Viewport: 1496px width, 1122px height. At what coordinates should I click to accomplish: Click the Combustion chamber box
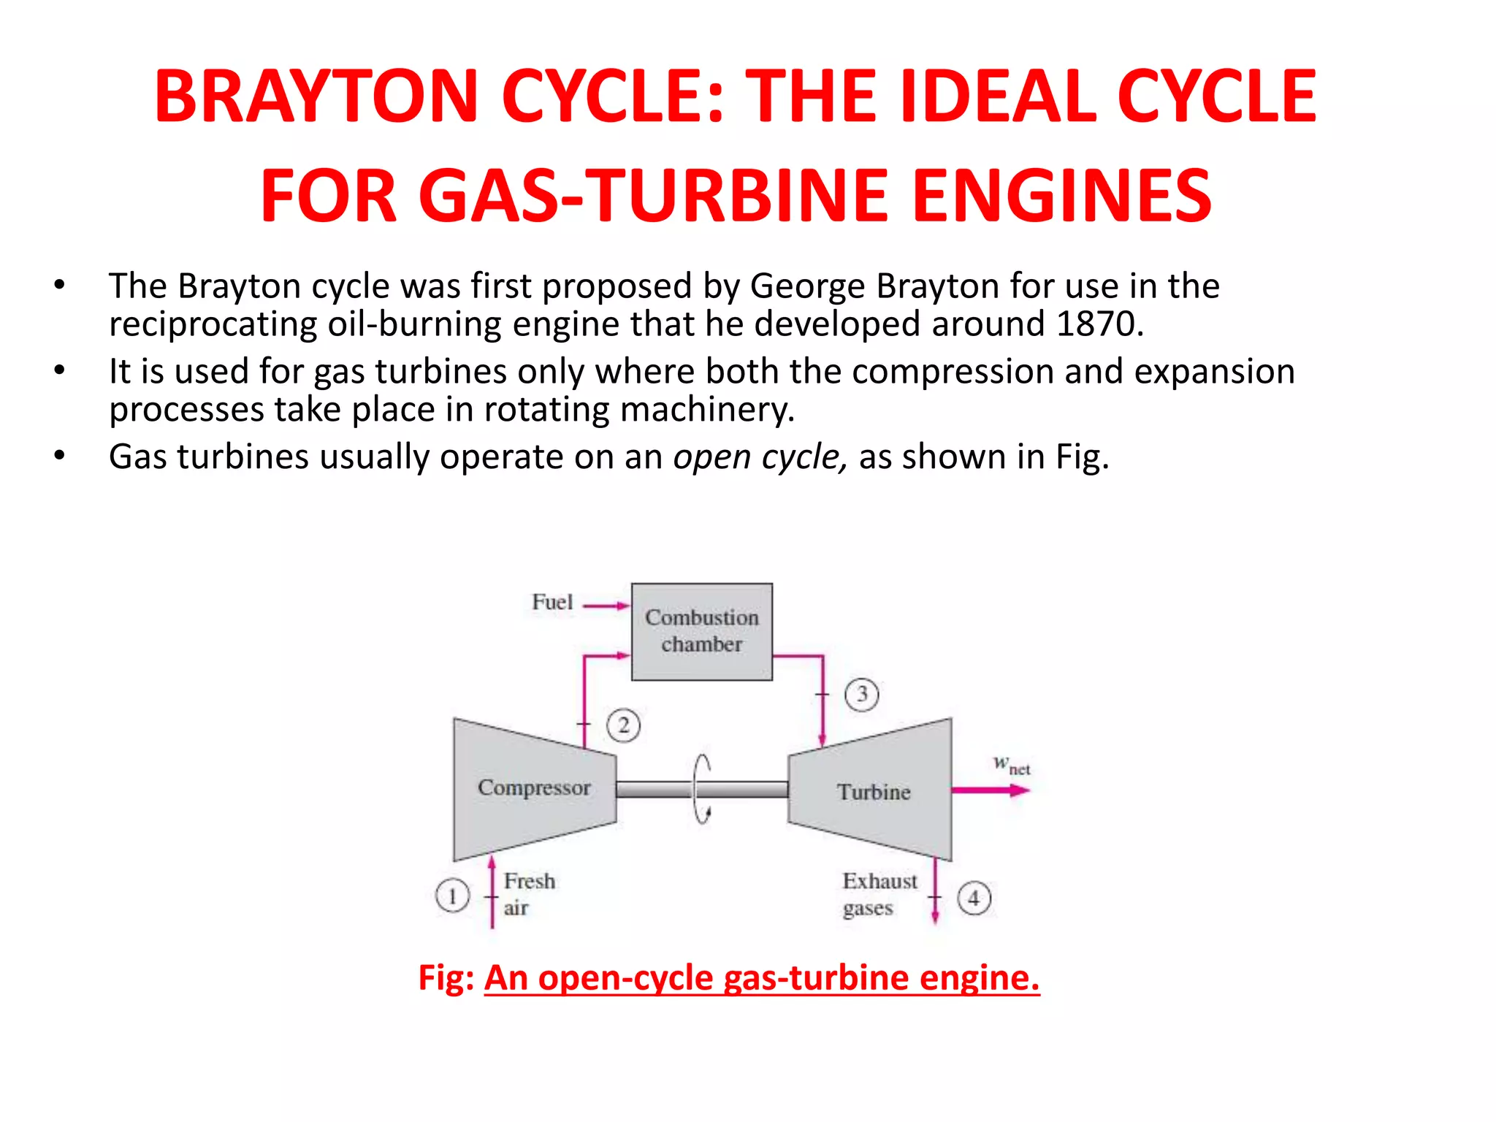(x=701, y=631)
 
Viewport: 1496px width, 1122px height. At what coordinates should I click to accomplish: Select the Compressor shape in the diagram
(x=534, y=788)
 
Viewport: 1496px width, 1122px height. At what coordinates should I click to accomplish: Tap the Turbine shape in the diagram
(x=873, y=791)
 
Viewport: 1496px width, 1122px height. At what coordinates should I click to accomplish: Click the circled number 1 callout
(x=452, y=896)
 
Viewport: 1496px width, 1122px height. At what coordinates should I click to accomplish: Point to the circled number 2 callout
(x=623, y=725)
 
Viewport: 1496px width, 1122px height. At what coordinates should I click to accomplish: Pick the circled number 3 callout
(x=862, y=694)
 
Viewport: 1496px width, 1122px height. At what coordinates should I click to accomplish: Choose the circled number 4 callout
(x=974, y=898)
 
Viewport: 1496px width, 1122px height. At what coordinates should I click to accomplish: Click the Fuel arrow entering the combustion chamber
(x=606, y=606)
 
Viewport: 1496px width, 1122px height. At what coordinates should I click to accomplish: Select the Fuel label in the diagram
(x=552, y=602)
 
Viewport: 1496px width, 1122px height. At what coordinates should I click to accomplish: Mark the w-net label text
(x=1011, y=765)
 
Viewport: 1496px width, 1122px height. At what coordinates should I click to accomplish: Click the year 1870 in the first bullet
(x=1094, y=324)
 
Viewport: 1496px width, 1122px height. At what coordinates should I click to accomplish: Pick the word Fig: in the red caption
(x=446, y=977)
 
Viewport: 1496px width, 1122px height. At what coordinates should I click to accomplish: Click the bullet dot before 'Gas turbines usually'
(x=59, y=457)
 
